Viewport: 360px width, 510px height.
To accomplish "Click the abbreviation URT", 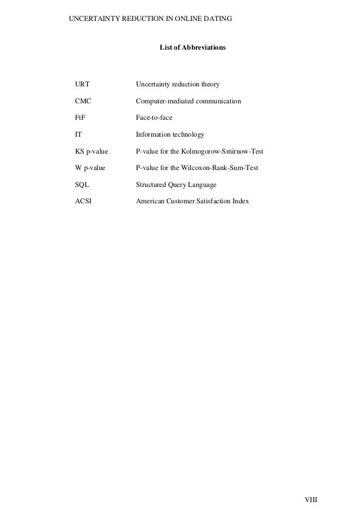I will coord(82,85).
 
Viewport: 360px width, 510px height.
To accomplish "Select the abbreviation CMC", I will coord(83,101).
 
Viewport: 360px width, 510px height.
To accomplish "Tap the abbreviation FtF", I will coord(81,118).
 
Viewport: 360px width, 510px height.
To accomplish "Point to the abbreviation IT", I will coord(78,135).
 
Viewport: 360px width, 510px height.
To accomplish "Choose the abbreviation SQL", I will coord(82,185).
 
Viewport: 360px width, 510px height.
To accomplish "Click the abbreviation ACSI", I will coord(84,202).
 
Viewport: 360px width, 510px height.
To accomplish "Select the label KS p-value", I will coord(91,152).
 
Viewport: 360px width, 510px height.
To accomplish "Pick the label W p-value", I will coord(90,168).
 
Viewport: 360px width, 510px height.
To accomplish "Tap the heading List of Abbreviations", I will coord(192,49).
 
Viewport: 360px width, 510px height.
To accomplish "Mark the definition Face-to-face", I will coord(154,118).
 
